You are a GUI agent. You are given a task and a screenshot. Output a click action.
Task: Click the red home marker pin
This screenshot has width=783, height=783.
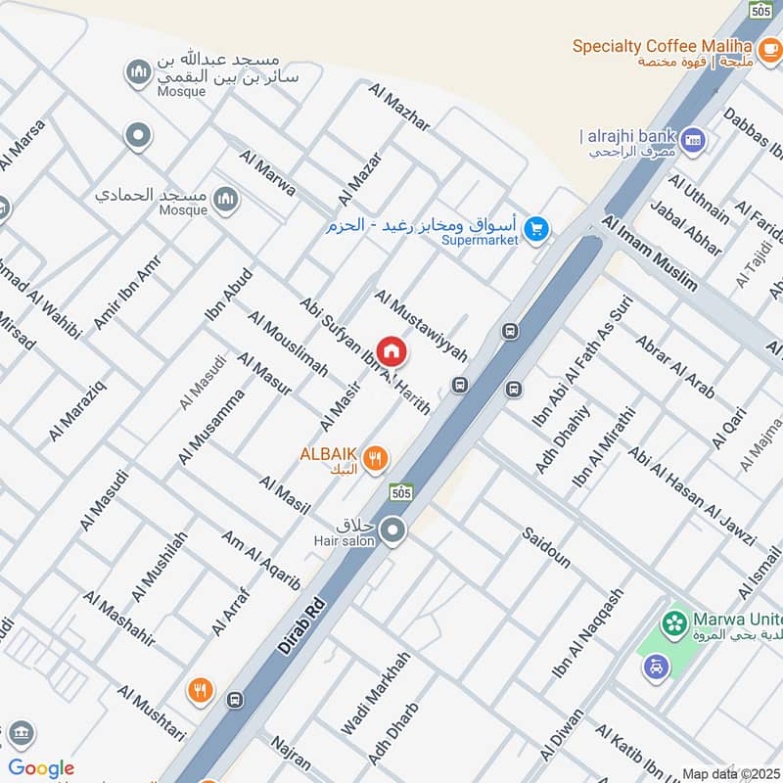[x=391, y=350]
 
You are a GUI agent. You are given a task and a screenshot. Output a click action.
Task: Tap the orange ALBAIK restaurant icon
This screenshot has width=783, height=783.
[x=375, y=457]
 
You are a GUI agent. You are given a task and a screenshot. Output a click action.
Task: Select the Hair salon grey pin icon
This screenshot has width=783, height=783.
[x=393, y=531]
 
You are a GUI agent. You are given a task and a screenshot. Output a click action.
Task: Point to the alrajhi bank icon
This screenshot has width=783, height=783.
[x=694, y=140]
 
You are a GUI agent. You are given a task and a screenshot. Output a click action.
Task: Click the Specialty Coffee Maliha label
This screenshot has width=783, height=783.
[x=662, y=46]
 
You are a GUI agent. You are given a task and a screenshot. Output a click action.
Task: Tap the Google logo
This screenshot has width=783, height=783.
[x=40, y=768]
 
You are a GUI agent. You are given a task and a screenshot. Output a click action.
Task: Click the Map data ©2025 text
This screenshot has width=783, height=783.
[x=729, y=773]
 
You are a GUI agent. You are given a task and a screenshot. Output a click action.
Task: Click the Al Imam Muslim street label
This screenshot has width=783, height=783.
[x=650, y=253]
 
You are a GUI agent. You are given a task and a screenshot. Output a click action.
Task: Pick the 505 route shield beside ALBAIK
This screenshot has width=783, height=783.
[x=398, y=491]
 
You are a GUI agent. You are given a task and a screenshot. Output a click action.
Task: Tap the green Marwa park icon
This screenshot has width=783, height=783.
[x=673, y=622]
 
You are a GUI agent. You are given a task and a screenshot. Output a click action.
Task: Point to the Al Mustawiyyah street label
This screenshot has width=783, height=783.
[x=421, y=324]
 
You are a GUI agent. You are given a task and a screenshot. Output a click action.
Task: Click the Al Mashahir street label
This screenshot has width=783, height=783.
[x=118, y=618]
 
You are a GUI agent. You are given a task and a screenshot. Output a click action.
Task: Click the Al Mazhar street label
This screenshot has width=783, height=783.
[x=399, y=107]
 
